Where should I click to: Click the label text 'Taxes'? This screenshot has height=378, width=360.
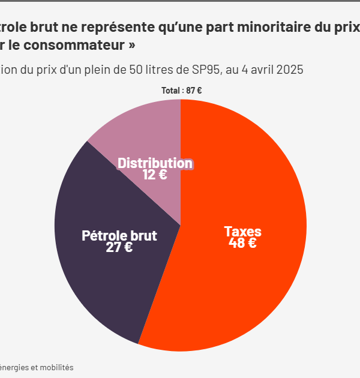click(x=242, y=231)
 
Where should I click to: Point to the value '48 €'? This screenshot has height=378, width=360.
click(x=242, y=243)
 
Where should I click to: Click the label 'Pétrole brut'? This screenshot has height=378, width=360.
click(x=119, y=235)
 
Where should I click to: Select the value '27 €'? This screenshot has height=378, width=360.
click(x=119, y=247)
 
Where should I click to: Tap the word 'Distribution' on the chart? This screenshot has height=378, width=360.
click(x=155, y=163)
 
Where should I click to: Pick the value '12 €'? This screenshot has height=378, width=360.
click(x=154, y=175)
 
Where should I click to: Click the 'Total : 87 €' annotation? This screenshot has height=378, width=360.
click(x=181, y=91)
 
